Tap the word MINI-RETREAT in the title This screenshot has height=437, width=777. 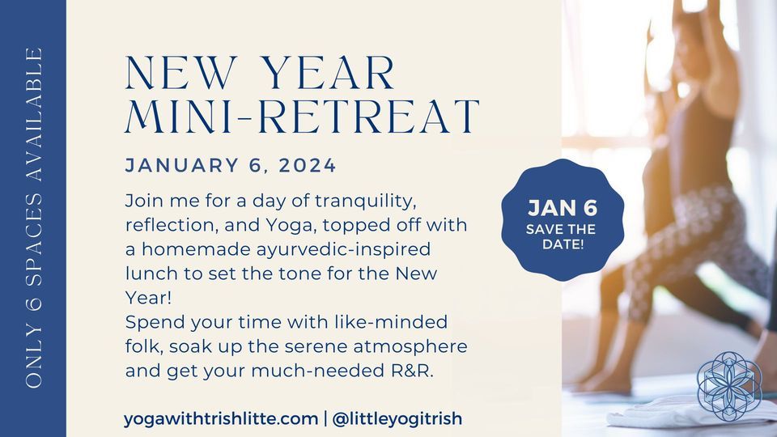point(302,117)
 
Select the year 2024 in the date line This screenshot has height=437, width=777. point(308,165)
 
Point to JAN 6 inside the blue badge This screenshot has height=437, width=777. point(563,208)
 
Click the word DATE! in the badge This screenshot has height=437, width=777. point(563,244)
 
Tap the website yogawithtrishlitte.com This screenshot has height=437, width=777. point(220,418)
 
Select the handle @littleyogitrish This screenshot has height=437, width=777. point(397,418)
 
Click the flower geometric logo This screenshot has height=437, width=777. point(729,386)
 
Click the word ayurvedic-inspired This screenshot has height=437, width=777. point(343,249)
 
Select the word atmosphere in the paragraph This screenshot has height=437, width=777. point(410,347)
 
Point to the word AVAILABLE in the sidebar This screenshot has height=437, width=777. point(34,114)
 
